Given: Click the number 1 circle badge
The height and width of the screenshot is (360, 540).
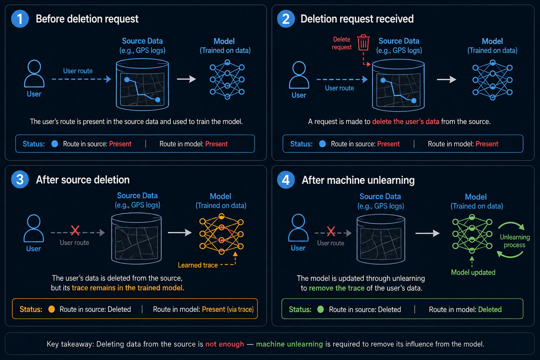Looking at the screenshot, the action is (x=20, y=19).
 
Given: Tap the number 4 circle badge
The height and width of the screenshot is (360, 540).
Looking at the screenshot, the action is (x=286, y=180).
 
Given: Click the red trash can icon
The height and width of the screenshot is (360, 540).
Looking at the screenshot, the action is (x=363, y=43).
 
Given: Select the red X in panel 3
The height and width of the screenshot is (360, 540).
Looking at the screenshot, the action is (x=75, y=230).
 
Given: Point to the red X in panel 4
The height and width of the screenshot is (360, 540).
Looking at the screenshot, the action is (x=331, y=231).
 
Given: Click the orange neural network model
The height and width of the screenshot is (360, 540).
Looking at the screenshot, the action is (x=221, y=234).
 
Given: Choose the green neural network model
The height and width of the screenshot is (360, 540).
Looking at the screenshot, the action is (x=472, y=234).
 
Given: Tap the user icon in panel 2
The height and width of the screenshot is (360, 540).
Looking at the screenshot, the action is (x=299, y=75).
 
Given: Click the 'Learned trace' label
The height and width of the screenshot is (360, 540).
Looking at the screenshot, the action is (x=198, y=265).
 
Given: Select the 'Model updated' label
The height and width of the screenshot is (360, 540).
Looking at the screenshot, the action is (x=473, y=272).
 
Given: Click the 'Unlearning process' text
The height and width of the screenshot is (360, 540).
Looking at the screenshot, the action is (x=515, y=241).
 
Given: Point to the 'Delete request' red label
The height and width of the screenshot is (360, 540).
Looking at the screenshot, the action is (x=342, y=43).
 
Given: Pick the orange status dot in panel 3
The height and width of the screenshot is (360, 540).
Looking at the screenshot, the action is (x=52, y=309).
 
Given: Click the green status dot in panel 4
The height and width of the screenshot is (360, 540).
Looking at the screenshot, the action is (x=320, y=309).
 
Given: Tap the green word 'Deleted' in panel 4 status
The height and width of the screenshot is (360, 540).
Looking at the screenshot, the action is (x=490, y=309).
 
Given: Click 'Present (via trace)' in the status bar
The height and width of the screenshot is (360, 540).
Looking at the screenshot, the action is (x=227, y=309).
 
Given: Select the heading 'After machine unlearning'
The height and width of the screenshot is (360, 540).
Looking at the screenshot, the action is (x=358, y=180).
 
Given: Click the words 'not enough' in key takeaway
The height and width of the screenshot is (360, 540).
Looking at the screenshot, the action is (x=224, y=344).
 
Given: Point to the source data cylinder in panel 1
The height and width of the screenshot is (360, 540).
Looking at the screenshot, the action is (x=142, y=85).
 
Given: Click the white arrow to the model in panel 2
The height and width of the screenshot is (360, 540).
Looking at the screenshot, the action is (x=446, y=79).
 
